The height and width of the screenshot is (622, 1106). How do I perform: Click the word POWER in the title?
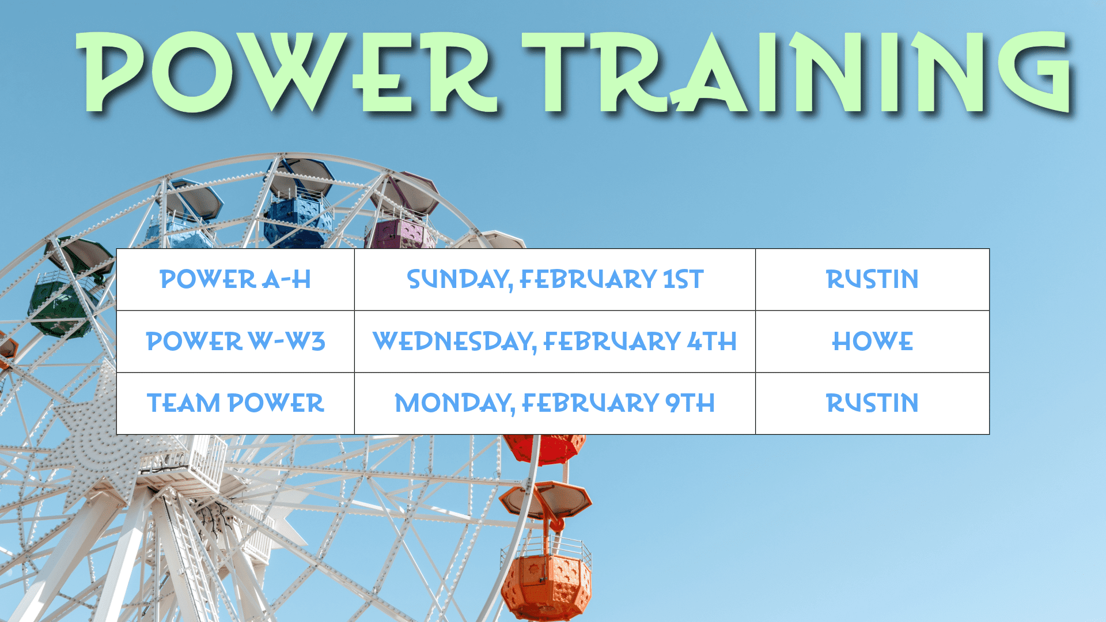point(286,72)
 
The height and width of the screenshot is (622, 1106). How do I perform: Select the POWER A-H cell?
point(236,279)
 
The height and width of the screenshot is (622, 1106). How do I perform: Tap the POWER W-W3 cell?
point(236,342)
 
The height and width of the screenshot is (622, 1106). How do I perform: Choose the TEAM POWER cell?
point(236,403)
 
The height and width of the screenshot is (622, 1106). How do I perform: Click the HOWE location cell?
point(872,342)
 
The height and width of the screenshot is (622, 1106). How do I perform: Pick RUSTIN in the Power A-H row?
point(872,279)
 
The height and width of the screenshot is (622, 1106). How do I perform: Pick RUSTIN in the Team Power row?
point(872,403)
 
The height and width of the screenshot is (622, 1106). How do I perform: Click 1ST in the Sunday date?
point(683,279)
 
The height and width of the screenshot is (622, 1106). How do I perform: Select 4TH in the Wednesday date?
point(712,342)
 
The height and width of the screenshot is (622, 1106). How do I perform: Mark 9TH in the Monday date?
point(690,403)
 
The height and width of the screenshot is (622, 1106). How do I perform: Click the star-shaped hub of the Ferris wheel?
point(95,443)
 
